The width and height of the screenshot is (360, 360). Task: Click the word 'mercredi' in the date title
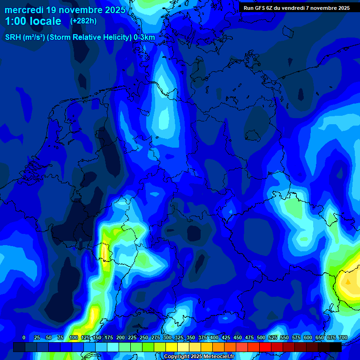24,10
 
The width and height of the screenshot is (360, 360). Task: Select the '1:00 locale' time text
33,21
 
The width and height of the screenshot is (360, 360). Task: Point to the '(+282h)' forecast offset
83,21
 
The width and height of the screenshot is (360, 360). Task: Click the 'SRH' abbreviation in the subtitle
13,37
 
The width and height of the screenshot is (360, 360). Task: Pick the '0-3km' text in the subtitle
144,37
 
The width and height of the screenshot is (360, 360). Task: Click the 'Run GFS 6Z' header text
258,8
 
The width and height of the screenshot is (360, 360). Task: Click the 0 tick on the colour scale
24,337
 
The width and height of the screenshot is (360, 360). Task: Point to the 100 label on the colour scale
74,337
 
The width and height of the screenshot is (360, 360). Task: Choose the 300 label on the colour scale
167,337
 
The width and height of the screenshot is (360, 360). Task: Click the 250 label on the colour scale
144,337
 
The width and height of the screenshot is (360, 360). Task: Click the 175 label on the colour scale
109,337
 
